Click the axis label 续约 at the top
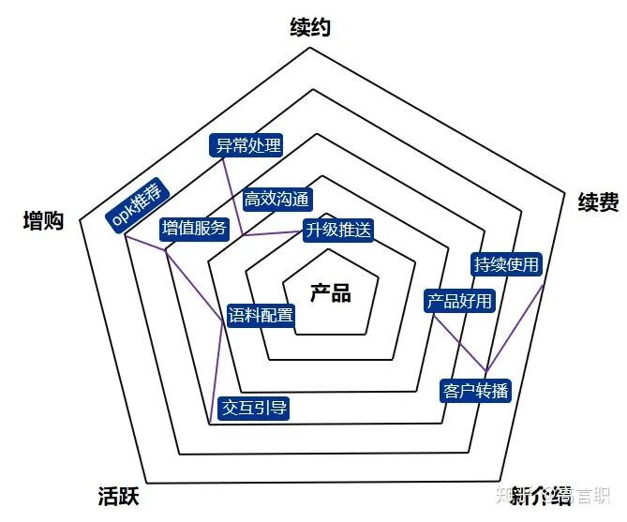310,28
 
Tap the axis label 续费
598,202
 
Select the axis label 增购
43,221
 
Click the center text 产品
330,292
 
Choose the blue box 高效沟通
277,200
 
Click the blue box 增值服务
194,228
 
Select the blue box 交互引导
254,407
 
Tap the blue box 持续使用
507,264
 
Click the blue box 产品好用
458,301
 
